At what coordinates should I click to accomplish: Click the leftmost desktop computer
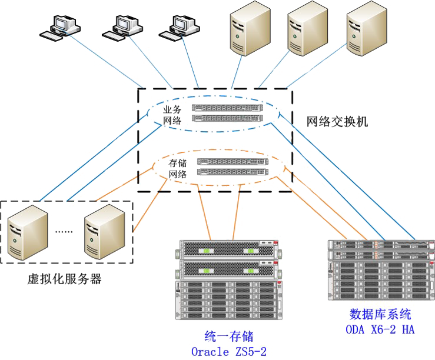(x=63, y=26)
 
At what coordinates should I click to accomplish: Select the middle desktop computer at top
(x=125, y=25)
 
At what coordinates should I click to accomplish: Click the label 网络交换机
(x=337, y=122)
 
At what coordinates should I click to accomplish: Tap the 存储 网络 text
(x=178, y=169)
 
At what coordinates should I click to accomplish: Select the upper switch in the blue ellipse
(x=228, y=108)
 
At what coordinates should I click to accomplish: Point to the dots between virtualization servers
(x=64, y=231)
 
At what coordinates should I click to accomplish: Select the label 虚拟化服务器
(x=65, y=279)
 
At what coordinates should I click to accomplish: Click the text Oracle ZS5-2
(x=229, y=352)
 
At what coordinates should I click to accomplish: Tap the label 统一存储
(x=228, y=336)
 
